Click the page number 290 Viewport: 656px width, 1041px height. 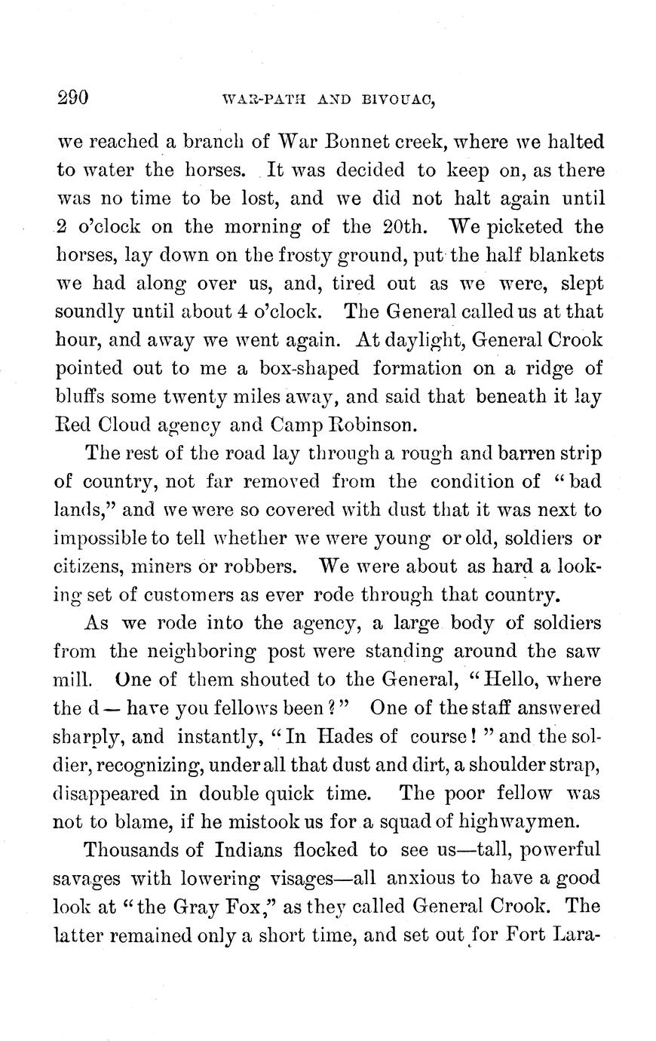pos(73,97)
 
